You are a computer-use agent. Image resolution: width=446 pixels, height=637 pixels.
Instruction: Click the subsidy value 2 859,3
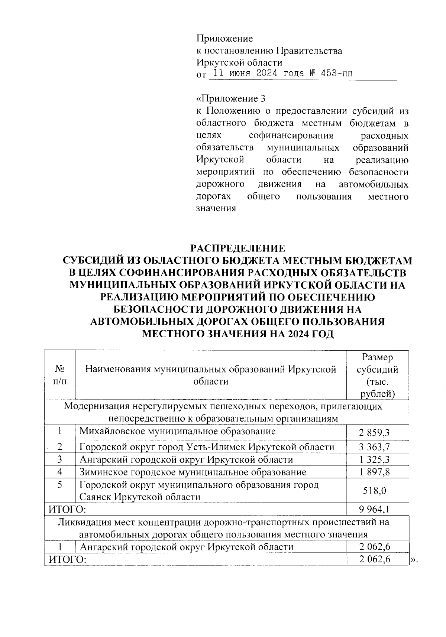[374, 433]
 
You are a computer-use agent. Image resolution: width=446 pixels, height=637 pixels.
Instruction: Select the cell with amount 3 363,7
[374, 447]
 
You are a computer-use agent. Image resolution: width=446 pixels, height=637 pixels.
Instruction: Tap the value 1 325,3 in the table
[374, 459]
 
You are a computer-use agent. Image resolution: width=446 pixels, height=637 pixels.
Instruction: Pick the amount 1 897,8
[374, 472]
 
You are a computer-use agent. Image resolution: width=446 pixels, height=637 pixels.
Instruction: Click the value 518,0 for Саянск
[374, 491]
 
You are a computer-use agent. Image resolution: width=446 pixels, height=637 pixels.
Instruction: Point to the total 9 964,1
[374, 508]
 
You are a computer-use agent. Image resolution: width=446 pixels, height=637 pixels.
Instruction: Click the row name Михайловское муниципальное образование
[178, 431]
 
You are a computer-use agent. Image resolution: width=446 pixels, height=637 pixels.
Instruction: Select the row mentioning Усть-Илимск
[207, 447]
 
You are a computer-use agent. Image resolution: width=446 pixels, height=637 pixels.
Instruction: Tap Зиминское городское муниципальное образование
[193, 472]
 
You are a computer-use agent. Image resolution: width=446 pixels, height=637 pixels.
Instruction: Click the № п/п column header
[59, 375]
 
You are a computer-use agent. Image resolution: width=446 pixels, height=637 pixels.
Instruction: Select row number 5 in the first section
[59, 485]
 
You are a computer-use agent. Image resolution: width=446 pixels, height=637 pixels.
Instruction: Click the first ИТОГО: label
[65, 508]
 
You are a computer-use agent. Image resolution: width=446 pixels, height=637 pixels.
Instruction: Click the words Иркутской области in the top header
[239, 62]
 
